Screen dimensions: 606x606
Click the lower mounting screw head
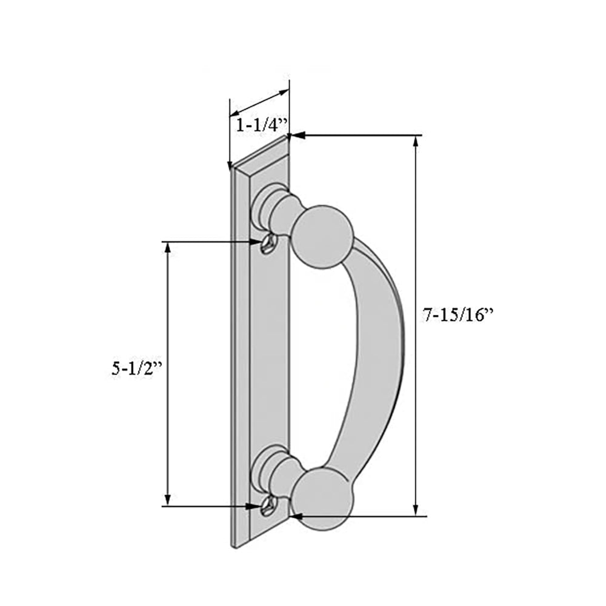pos(267,507)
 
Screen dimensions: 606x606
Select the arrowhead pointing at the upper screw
pos(256,242)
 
